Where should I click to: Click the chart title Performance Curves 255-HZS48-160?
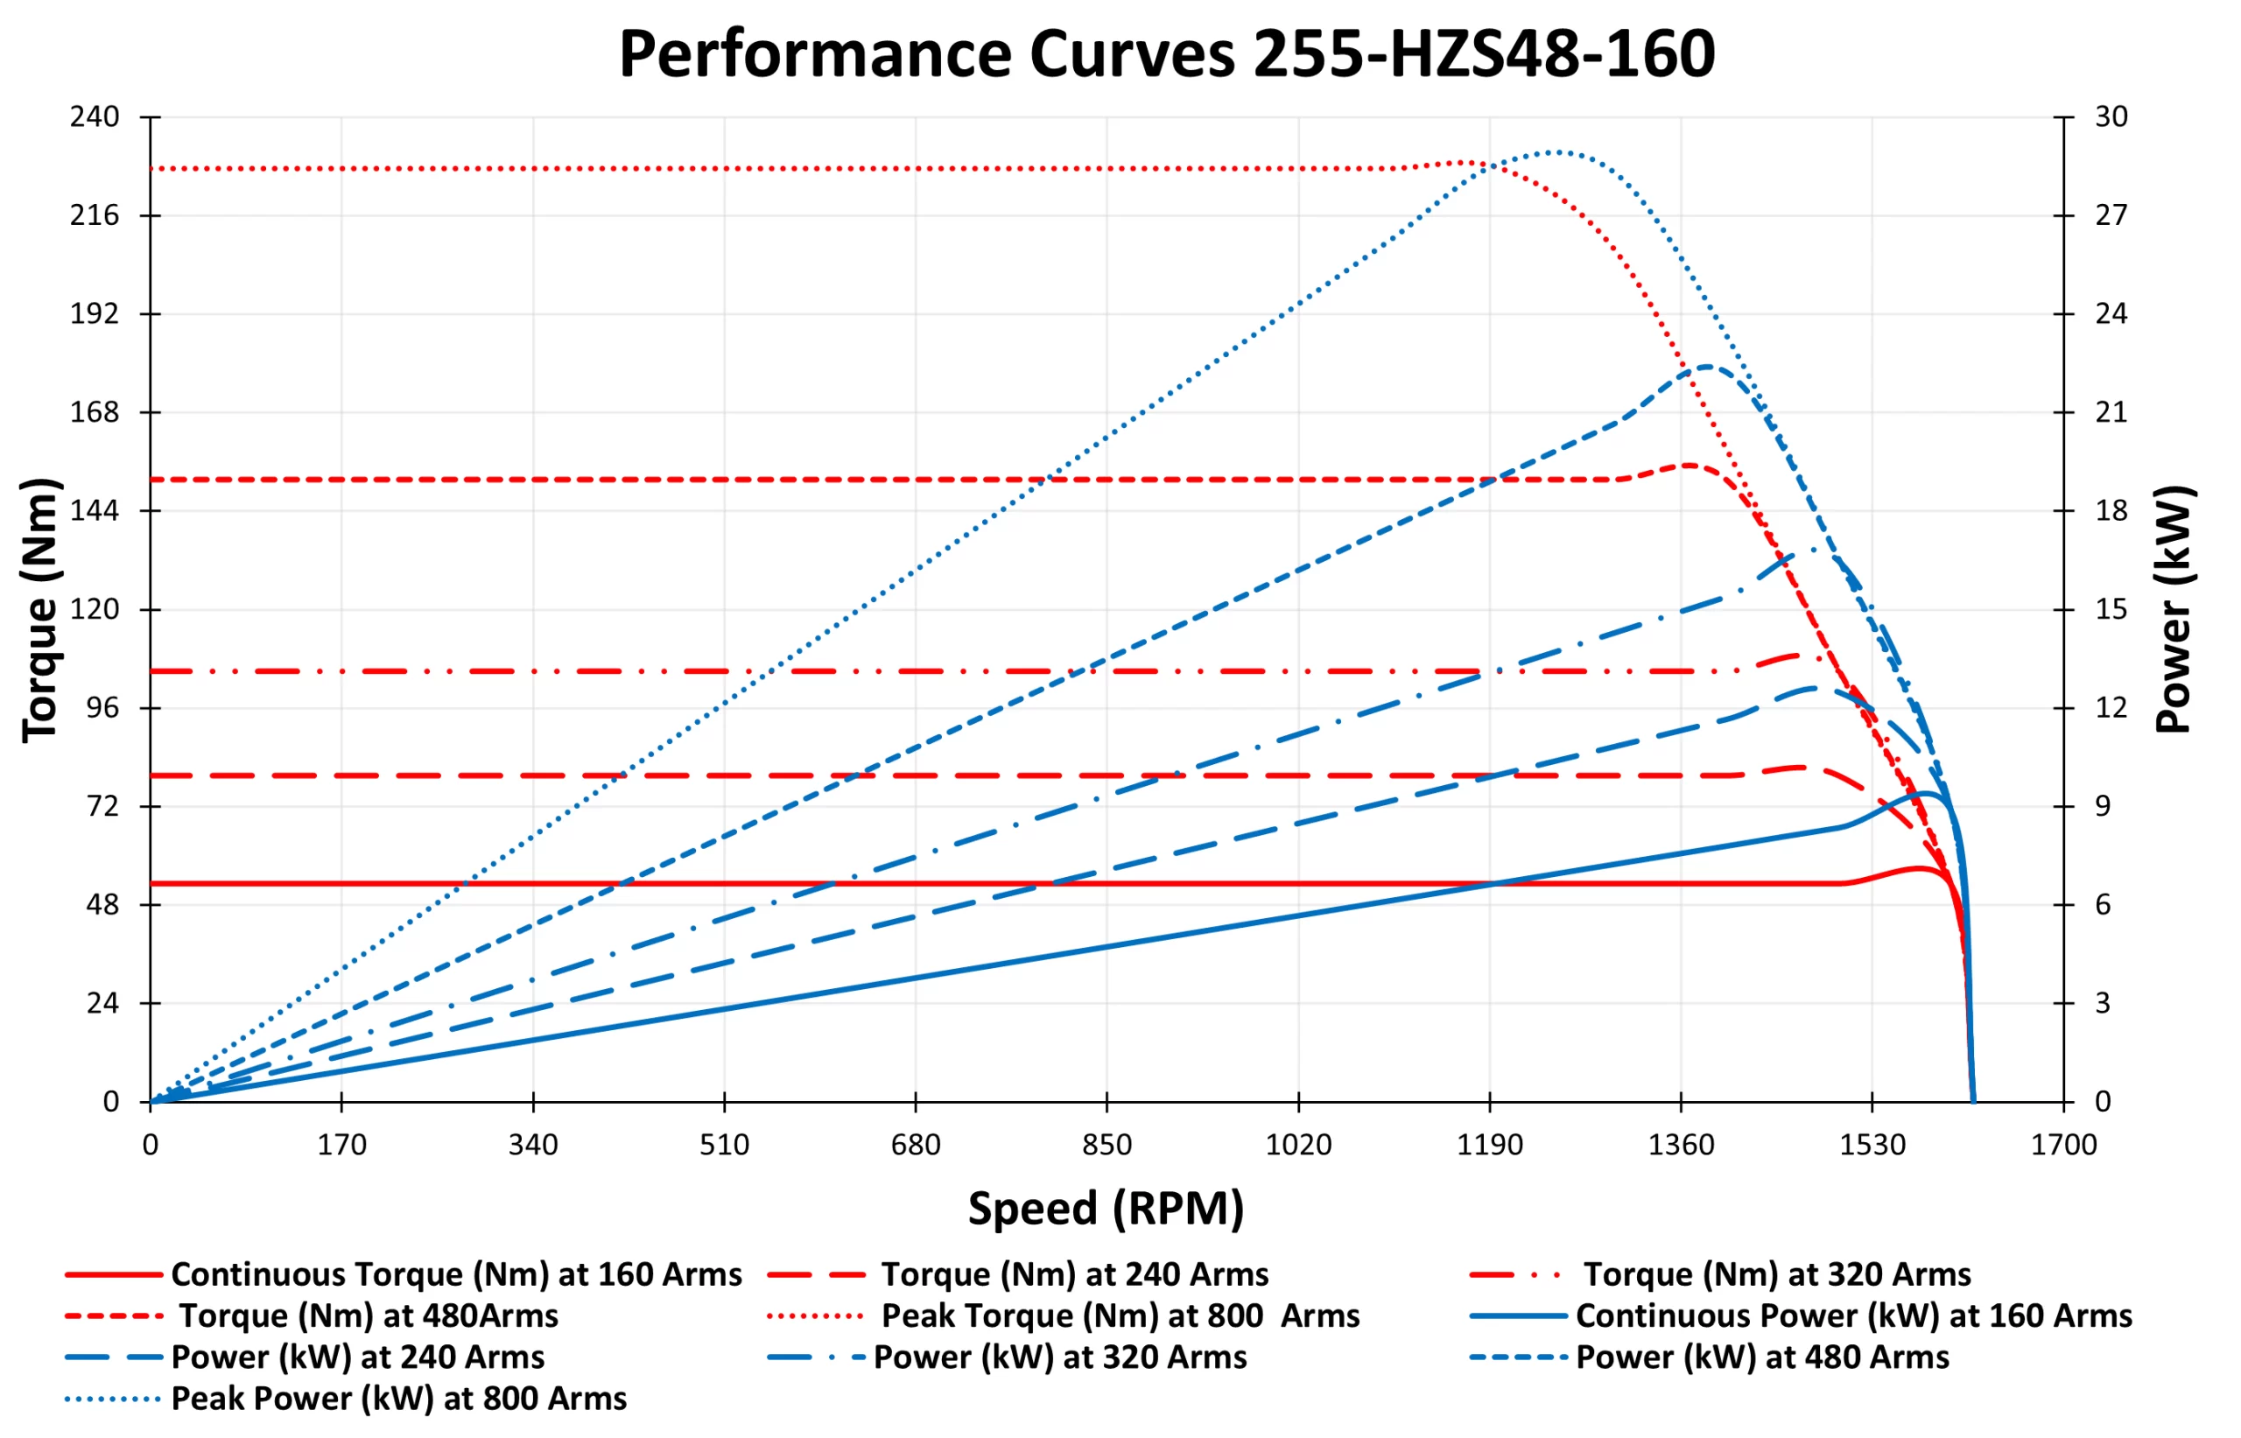click(x=1166, y=54)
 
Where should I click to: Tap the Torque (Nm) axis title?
click(x=40, y=611)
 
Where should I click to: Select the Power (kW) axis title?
click(x=2174, y=611)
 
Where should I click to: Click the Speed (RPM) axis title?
click(x=1106, y=1210)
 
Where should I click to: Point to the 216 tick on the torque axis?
click(x=95, y=215)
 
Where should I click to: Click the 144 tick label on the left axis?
click(x=95, y=511)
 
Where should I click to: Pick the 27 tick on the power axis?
click(x=2111, y=215)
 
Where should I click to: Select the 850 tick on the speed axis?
click(x=1106, y=1146)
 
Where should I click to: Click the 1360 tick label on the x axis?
click(x=1681, y=1146)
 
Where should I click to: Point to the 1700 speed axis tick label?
click(x=2063, y=1146)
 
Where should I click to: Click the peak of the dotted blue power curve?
click(x=1552, y=151)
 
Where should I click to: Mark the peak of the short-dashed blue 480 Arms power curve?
click(x=1708, y=366)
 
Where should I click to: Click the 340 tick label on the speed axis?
click(x=533, y=1146)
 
